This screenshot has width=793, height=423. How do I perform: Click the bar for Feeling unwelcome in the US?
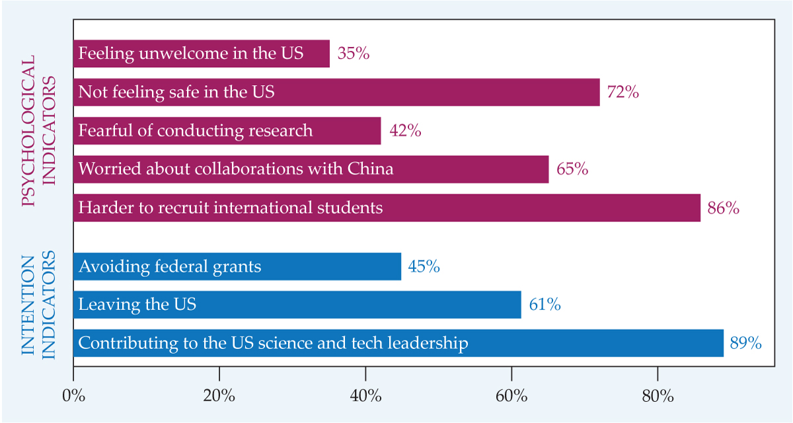coord(201,54)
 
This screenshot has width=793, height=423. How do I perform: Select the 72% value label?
coord(623,93)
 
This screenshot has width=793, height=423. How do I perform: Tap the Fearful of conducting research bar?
coord(227,131)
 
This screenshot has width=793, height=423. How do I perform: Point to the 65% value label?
coord(572,169)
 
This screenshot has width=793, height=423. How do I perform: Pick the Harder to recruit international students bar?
coord(387,208)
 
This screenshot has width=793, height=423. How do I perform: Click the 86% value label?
coord(723,208)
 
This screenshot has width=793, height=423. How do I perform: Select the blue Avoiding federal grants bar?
coord(237,267)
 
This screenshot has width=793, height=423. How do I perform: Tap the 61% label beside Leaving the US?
coord(545,305)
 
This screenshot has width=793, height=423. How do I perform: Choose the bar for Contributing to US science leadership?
coord(398,344)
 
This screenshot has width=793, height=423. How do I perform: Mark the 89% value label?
coord(746,344)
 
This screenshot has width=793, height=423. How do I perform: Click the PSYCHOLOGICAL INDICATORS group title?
coord(38,131)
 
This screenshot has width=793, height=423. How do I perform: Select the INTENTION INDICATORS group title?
coord(38,305)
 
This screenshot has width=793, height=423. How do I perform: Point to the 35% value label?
coord(353,54)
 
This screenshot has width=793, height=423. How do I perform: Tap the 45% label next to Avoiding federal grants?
coord(424,267)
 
